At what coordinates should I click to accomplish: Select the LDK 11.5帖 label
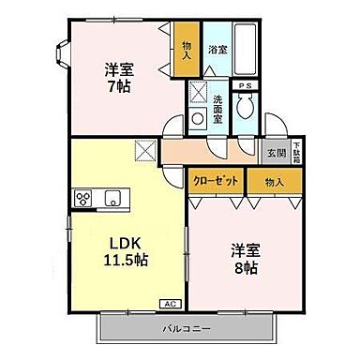tap(126, 248)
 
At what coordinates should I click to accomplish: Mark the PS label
tap(245, 86)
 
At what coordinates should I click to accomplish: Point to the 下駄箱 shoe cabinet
tap(297, 150)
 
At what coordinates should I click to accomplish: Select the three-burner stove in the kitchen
tap(82, 198)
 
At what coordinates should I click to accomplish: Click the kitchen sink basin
tap(112, 198)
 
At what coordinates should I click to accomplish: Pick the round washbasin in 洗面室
tap(197, 118)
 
